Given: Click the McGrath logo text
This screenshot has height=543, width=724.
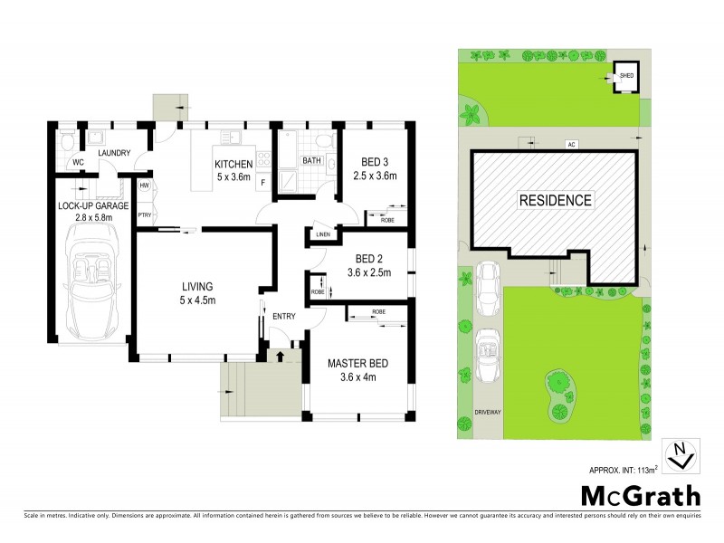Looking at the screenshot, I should [x=640, y=495].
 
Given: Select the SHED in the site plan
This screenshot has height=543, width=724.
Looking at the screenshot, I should [x=625, y=76].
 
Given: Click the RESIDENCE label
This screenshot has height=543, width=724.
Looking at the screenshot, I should [x=556, y=200].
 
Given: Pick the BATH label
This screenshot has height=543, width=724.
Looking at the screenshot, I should [x=311, y=161].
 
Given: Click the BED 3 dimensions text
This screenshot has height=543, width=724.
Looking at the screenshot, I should [x=375, y=175].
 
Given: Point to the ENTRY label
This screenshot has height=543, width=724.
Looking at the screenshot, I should [x=284, y=316].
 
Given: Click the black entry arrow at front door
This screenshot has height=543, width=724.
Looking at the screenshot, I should [x=280, y=356].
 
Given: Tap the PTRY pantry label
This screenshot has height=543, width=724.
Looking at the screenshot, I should [x=144, y=215].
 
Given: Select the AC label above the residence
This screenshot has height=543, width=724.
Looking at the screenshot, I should [x=570, y=144].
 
